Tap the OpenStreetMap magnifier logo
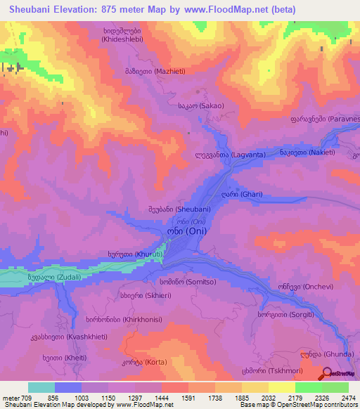click(x=328, y=374)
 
